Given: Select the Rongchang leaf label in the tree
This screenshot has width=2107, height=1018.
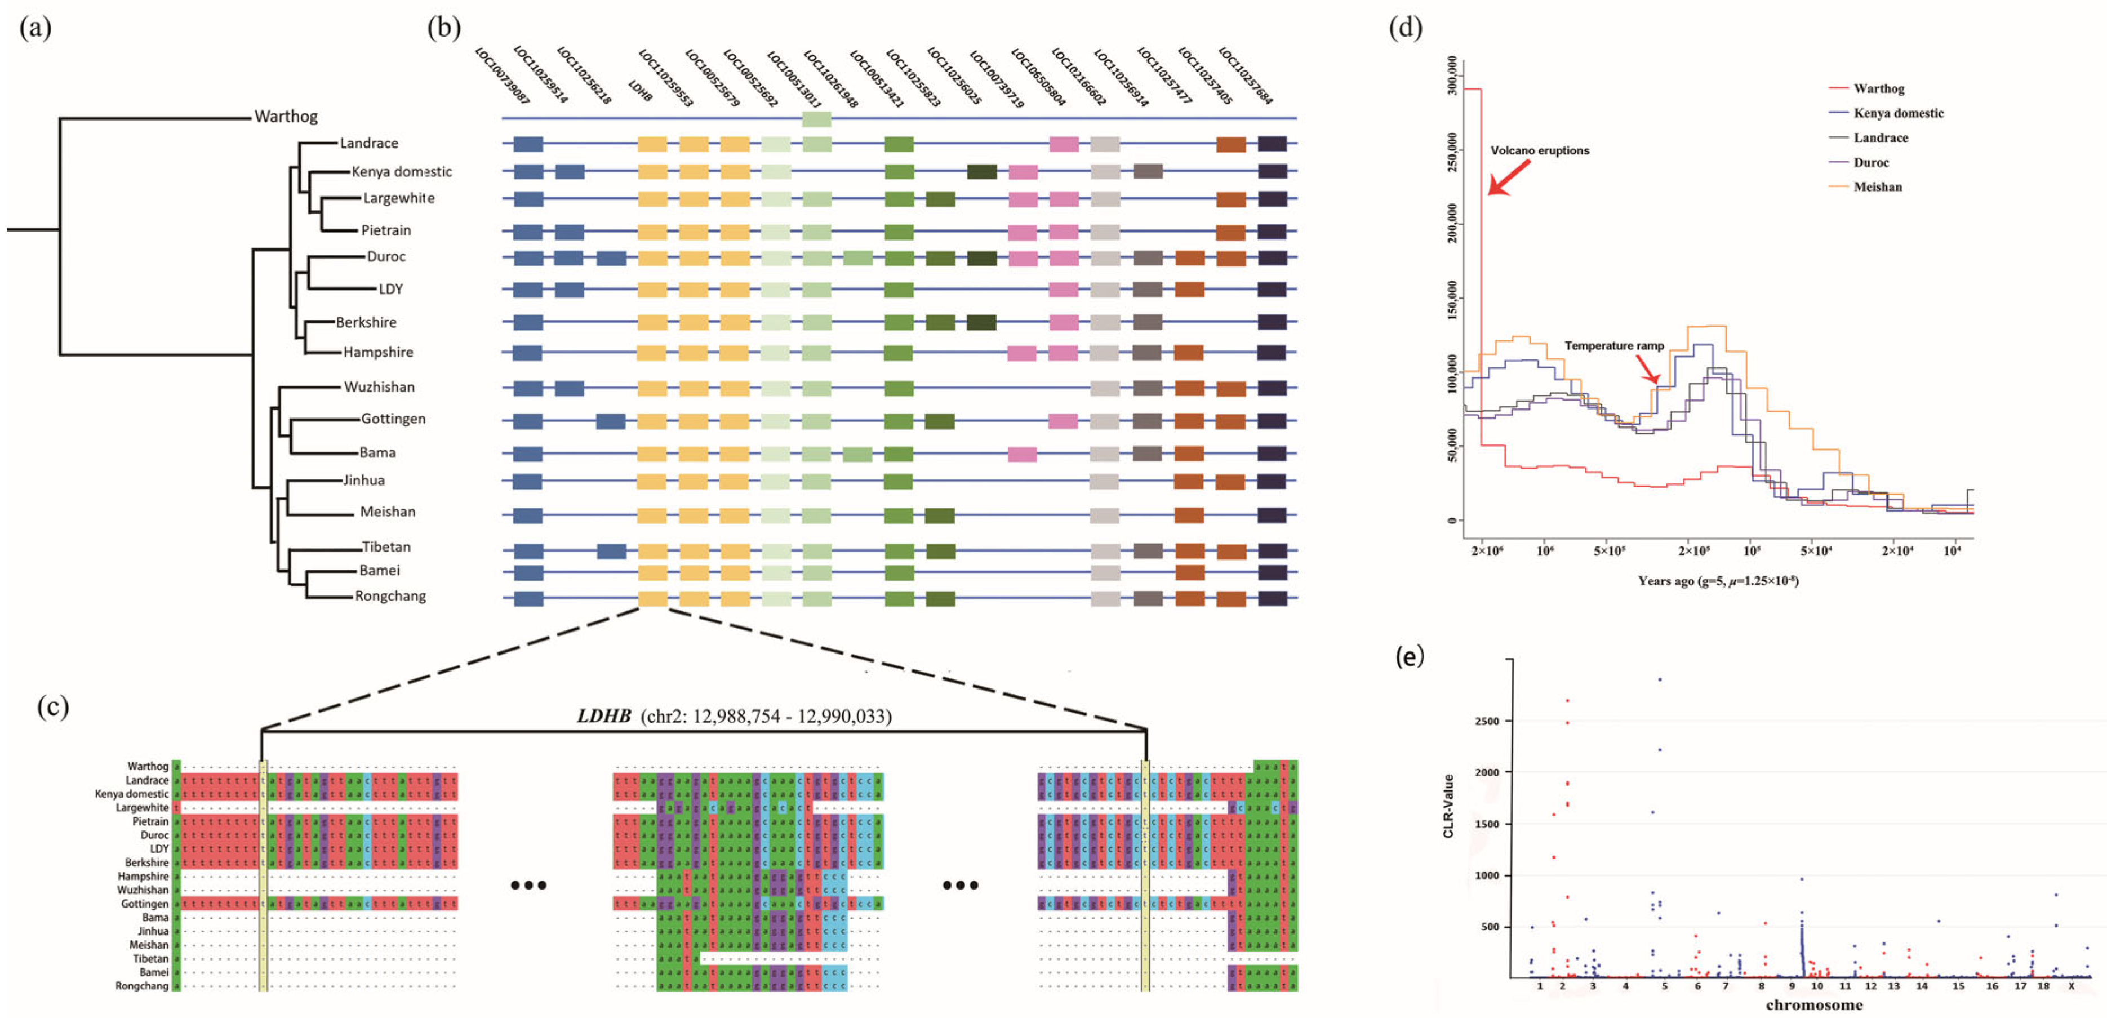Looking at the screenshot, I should coord(390,596).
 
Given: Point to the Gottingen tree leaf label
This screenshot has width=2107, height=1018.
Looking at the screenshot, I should coord(393,419).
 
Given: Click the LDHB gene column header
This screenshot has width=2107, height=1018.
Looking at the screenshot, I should coord(641,91).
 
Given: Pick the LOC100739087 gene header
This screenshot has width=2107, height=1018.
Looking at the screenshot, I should coord(502,76).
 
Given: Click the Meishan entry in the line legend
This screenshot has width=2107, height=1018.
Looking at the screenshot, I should coord(1877,187).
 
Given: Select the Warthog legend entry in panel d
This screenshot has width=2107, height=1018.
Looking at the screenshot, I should coord(1879,89).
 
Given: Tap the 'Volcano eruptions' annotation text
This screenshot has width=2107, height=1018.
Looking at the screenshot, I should coord(1539,150).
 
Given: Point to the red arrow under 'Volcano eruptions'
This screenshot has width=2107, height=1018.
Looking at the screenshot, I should coord(1508,177).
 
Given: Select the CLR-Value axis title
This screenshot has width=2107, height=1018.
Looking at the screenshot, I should coord(1448,806).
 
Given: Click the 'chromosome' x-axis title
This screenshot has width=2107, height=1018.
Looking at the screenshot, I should coord(1813,1005).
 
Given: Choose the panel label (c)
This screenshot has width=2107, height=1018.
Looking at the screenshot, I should coord(53,706).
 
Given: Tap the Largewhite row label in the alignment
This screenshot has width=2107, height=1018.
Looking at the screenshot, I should coord(143,808).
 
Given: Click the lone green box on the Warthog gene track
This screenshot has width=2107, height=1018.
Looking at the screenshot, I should coord(816,119).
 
